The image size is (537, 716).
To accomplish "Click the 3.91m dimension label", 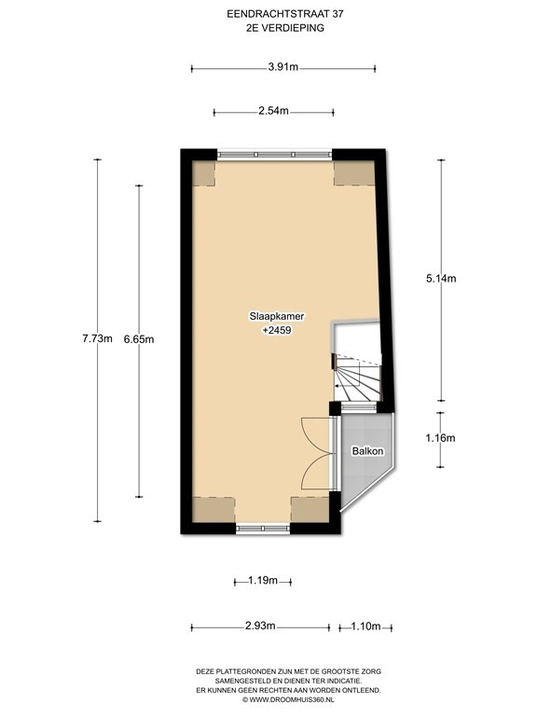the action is click(x=283, y=67).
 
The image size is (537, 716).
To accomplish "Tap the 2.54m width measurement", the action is click(x=273, y=111).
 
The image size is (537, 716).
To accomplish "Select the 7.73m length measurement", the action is click(x=97, y=338).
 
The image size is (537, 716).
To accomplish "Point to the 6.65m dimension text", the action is click(x=139, y=339).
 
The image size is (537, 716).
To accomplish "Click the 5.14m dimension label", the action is click(x=441, y=279).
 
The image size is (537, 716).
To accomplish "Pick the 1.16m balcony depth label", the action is click(x=441, y=438).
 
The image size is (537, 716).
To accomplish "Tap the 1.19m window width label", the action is click(x=263, y=581).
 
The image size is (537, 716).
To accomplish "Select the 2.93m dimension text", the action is click(x=260, y=626).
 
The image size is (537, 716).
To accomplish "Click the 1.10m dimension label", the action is click(x=365, y=626).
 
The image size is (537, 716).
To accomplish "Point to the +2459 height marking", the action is click(x=277, y=330).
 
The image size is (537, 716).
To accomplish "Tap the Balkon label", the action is click(x=367, y=451).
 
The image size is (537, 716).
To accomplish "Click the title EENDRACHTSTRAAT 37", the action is click(x=285, y=14).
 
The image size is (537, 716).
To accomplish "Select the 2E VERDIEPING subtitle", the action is click(x=285, y=28).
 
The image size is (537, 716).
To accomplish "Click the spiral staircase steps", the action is click(x=358, y=379).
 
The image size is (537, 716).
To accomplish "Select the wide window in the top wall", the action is click(x=274, y=155).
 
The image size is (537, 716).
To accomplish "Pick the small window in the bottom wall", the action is click(x=263, y=529).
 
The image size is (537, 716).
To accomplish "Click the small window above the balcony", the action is click(x=359, y=407).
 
